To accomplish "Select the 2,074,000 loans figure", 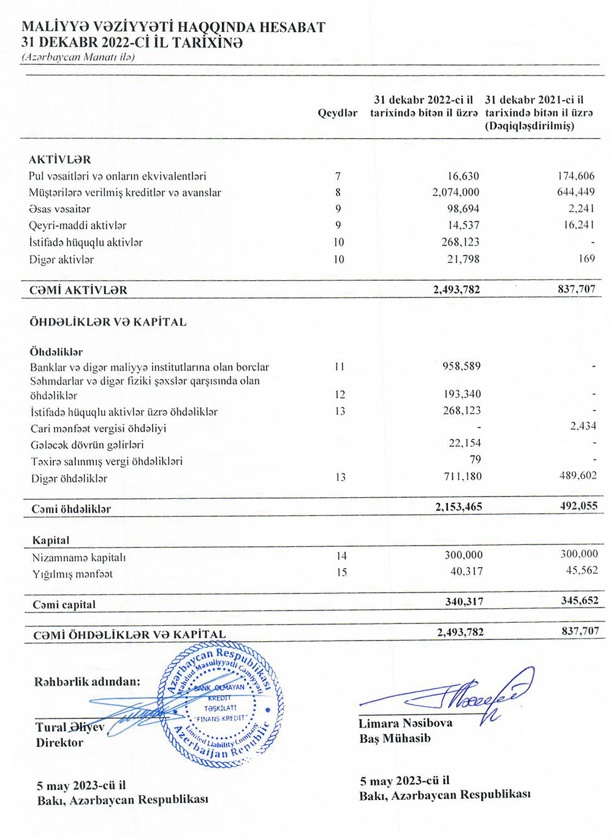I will [455, 192].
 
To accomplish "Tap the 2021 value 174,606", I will [576, 176].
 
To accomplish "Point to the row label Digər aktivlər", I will [61, 260].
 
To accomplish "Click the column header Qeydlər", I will [337, 113].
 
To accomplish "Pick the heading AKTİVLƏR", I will [59, 159].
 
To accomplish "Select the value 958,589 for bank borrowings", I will [462, 367].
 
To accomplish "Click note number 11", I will [340, 367].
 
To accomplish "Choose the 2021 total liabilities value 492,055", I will [578, 506].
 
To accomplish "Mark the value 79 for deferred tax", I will [475, 460].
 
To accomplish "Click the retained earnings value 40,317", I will [466, 571].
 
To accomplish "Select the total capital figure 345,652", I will [579, 601].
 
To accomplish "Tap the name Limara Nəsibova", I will [405, 723].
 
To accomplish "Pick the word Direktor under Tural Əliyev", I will [59, 742].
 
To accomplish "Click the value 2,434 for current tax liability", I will [583, 426].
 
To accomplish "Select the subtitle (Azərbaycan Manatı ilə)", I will [78, 57].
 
